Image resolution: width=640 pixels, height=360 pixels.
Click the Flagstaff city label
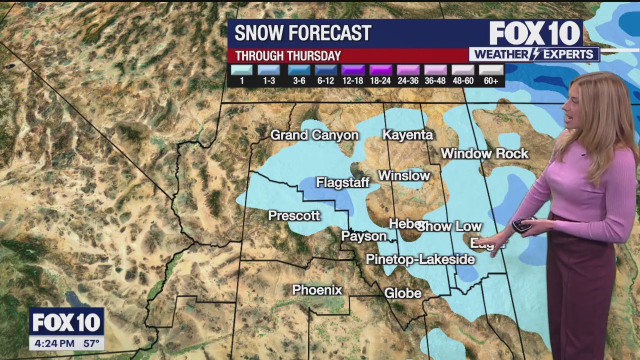point(342,183)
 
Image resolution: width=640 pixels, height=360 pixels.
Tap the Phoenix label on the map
point(317,290)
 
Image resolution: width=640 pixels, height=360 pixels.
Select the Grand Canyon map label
point(314,135)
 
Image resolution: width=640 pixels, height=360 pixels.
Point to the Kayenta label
point(407,134)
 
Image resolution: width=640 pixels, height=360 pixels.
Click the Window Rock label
point(484,153)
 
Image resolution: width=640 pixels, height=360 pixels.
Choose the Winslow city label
point(403,175)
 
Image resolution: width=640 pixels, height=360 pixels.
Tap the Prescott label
point(294,215)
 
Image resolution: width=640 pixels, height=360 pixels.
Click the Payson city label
point(363,236)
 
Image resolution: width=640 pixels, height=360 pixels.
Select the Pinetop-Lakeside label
point(420,259)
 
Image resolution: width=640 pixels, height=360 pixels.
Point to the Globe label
point(402,293)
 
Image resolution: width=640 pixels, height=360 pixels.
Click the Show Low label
point(450,226)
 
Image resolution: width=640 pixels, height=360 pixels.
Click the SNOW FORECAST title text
point(302,33)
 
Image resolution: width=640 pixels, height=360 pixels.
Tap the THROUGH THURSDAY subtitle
point(288,56)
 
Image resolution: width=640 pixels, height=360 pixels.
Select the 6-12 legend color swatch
point(325,70)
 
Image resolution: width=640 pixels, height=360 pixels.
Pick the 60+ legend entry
point(491,75)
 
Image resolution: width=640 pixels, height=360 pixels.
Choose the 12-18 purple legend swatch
point(352,70)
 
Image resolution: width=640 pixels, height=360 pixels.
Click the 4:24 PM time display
point(52,343)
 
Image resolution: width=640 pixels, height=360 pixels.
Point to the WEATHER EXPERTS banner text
point(533,54)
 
